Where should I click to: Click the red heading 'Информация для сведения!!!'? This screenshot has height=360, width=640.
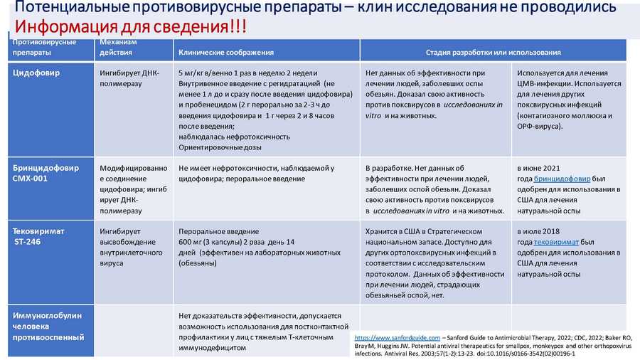(x=131, y=26)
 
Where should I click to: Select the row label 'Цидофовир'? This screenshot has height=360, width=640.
(x=36, y=73)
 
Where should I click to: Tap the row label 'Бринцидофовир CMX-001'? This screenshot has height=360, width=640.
(x=46, y=173)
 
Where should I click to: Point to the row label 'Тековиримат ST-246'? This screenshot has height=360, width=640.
(x=38, y=236)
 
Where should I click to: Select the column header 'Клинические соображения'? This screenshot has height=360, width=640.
(x=226, y=53)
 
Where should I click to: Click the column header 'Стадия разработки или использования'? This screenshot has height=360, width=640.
(x=493, y=53)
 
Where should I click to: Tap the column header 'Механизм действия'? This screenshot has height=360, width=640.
(x=118, y=48)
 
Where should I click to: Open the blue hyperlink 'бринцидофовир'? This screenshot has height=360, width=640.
(x=562, y=179)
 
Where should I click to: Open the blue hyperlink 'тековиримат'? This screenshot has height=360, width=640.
(x=556, y=242)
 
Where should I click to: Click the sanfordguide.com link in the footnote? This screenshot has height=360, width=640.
(x=397, y=338)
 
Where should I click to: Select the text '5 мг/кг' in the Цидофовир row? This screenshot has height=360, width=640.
(x=192, y=73)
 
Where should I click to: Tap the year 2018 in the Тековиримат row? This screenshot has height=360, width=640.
(x=551, y=231)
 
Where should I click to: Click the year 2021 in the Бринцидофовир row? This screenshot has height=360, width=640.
(x=552, y=168)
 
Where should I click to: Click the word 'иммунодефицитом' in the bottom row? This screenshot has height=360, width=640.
(x=212, y=348)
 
